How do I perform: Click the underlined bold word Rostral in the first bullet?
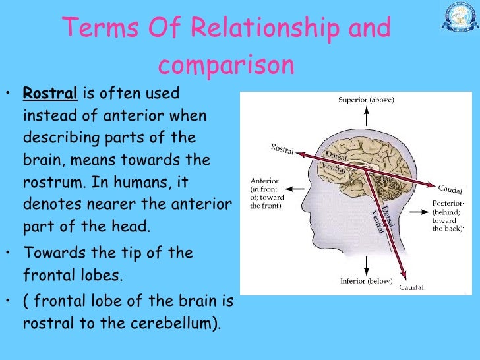click(x=49, y=94)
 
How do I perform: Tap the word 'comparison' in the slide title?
click(x=225, y=65)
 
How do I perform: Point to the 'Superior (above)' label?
click(x=367, y=100)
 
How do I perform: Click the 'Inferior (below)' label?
click(x=367, y=282)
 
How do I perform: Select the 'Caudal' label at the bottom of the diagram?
click(x=411, y=287)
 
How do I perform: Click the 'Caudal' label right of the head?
click(x=450, y=189)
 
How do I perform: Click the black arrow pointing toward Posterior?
click(x=418, y=212)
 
